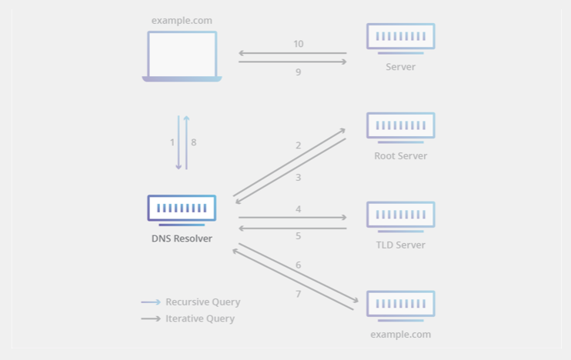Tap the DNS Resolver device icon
[x=182, y=209]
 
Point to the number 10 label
[x=299, y=44]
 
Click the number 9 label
[x=299, y=72]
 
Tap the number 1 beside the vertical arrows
[x=172, y=142]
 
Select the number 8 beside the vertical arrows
[x=194, y=142]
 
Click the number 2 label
[x=298, y=145]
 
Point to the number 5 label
[x=299, y=236]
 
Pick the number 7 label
[x=299, y=294]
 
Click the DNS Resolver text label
[x=182, y=238]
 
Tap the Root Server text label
[x=400, y=156]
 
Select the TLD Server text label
[x=400, y=245]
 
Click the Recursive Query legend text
[x=202, y=302]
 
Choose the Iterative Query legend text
[x=200, y=318]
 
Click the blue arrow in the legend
[x=151, y=302]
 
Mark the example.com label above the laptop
[x=182, y=21]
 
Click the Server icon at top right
[x=400, y=38]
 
